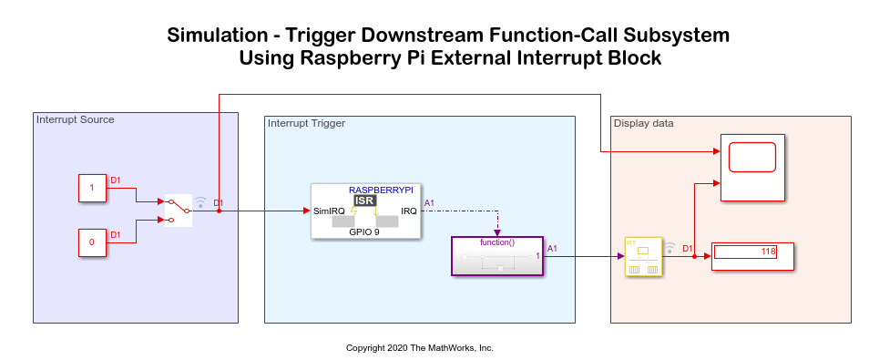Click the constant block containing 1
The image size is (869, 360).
[92, 188]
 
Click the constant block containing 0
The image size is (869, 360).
[92, 242]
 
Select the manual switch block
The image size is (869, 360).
[179, 211]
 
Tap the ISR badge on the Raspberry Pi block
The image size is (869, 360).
[365, 201]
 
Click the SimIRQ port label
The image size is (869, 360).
[329, 211]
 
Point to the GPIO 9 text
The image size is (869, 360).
[364, 231]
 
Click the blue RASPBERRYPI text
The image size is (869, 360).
[381, 190]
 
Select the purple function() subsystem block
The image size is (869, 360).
[497, 256]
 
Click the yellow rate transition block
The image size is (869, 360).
[643, 256]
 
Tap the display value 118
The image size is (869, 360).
[768, 252]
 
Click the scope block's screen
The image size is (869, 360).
[752, 157]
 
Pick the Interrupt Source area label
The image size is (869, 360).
[76, 119]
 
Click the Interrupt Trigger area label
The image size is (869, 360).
[306, 123]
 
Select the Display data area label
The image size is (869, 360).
[644, 123]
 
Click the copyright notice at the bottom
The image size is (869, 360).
[420, 348]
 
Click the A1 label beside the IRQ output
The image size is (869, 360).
[429, 203]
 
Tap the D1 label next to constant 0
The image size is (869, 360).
[116, 235]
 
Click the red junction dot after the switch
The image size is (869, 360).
[219, 211]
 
